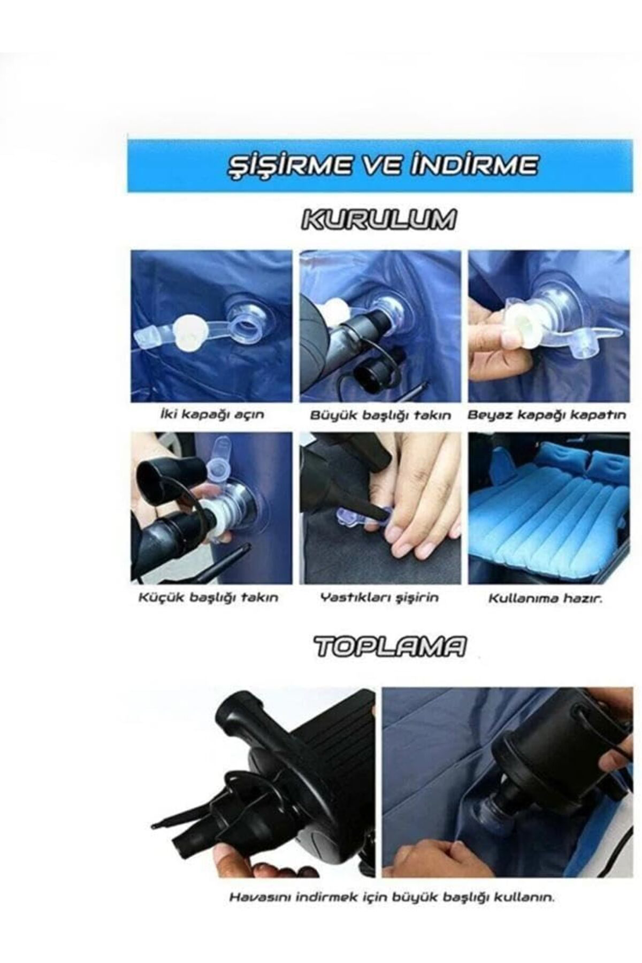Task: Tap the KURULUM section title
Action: click(x=379, y=219)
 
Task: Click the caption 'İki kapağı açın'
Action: click(x=212, y=415)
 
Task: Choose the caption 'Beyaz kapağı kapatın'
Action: click(x=546, y=415)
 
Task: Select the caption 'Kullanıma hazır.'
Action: click(x=545, y=598)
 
